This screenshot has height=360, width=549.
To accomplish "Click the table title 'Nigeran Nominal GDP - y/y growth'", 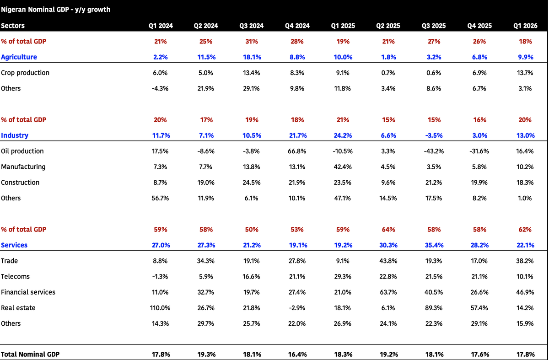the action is click(56, 10).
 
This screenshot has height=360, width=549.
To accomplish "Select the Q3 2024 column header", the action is click(252, 26).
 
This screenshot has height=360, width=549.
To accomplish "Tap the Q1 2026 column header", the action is click(525, 26).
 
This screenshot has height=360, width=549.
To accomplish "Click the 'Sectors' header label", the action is click(13, 26).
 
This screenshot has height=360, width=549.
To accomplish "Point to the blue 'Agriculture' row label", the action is click(19, 57).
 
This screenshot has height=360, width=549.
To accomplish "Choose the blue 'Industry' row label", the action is click(15, 135).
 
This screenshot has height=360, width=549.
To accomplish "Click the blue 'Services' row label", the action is click(14, 245).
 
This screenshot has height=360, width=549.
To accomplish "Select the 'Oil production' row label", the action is click(22, 151).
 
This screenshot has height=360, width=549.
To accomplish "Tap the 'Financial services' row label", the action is click(28, 292).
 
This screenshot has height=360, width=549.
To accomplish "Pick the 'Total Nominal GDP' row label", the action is click(30, 355).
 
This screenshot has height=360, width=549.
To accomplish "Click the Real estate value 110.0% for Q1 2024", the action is click(160, 308).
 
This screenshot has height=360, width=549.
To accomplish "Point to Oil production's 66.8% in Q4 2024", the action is click(297, 151).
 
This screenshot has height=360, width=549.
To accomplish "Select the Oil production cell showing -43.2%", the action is click(434, 151).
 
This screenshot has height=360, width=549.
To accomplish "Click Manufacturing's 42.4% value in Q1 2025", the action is click(343, 167).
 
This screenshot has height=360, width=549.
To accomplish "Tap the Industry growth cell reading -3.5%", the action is click(434, 135).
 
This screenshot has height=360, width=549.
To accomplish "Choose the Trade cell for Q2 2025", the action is click(388, 261).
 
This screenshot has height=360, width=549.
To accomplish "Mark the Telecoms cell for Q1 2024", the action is click(160, 276).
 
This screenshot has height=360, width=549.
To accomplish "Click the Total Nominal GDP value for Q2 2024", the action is click(206, 355).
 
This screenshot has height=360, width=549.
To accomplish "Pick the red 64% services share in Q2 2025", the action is click(388, 229).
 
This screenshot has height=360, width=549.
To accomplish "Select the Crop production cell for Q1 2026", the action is click(525, 73).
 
